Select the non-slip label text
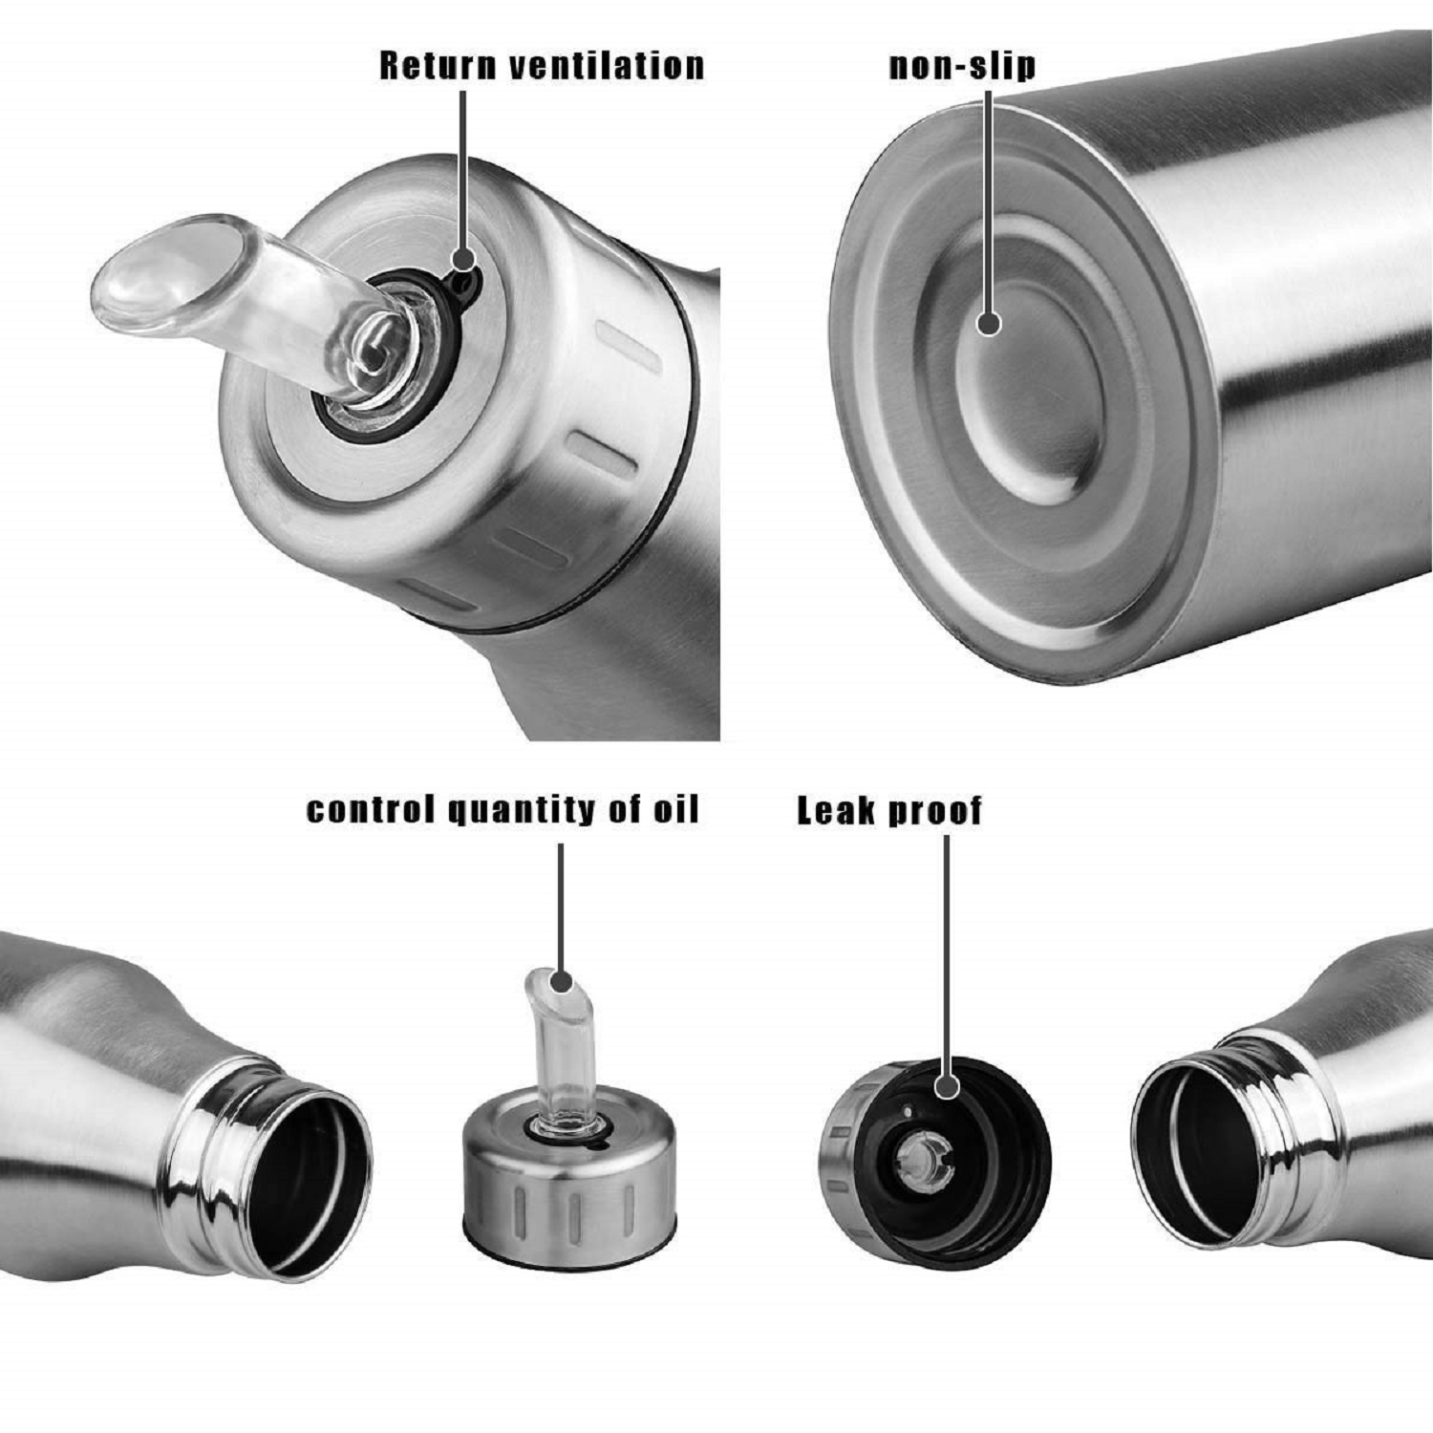click(x=962, y=65)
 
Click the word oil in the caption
click(x=676, y=809)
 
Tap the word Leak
click(x=836, y=810)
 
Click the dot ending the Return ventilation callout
click(x=463, y=260)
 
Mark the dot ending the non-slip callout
click(x=990, y=323)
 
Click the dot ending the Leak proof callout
click(x=947, y=1086)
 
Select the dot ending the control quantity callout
click(x=562, y=981)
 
